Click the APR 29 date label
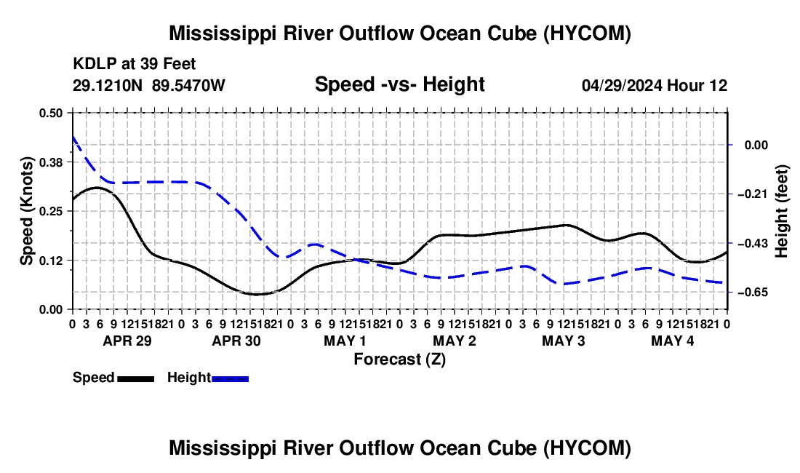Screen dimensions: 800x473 pyautogui.click(x=127, y=341)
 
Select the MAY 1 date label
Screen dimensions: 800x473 pyautogui.click(x=345, y=341)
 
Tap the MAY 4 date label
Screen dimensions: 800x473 pyautogui.click(x=673, y=341)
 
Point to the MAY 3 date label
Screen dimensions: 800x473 pyautogui.click(x=563, y=341)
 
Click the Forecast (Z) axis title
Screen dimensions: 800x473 pyautogui.click(x=400, y=359)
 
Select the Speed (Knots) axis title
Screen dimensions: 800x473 pyautogui.click(x=26, y=211)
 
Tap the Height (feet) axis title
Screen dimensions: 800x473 pyautogui.click(x=781, y=211)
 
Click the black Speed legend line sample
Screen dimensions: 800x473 pyautogui.click(x=136, y=378)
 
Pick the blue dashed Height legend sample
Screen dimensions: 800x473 pyautogui.click(x=230, y=378)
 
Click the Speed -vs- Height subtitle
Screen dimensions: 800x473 pyautogui.click(x=399, y=84)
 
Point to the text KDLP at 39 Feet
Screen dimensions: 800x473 pyautogui.click(x=135, y=64)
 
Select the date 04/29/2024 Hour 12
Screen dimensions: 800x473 pyautogui.click(x=655, y=85)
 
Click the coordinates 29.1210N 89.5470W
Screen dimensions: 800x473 pyautogui.click(x=148, y=85)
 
